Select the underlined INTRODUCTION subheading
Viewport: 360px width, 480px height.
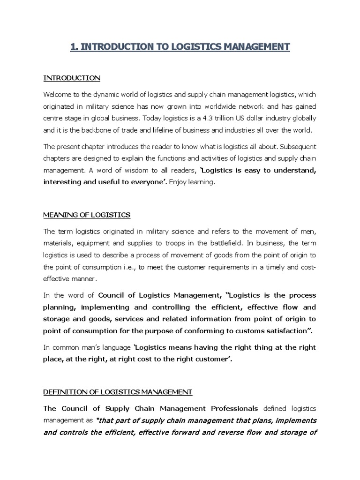[71, 77]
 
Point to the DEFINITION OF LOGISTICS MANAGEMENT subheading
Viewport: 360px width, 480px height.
[117, 391]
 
